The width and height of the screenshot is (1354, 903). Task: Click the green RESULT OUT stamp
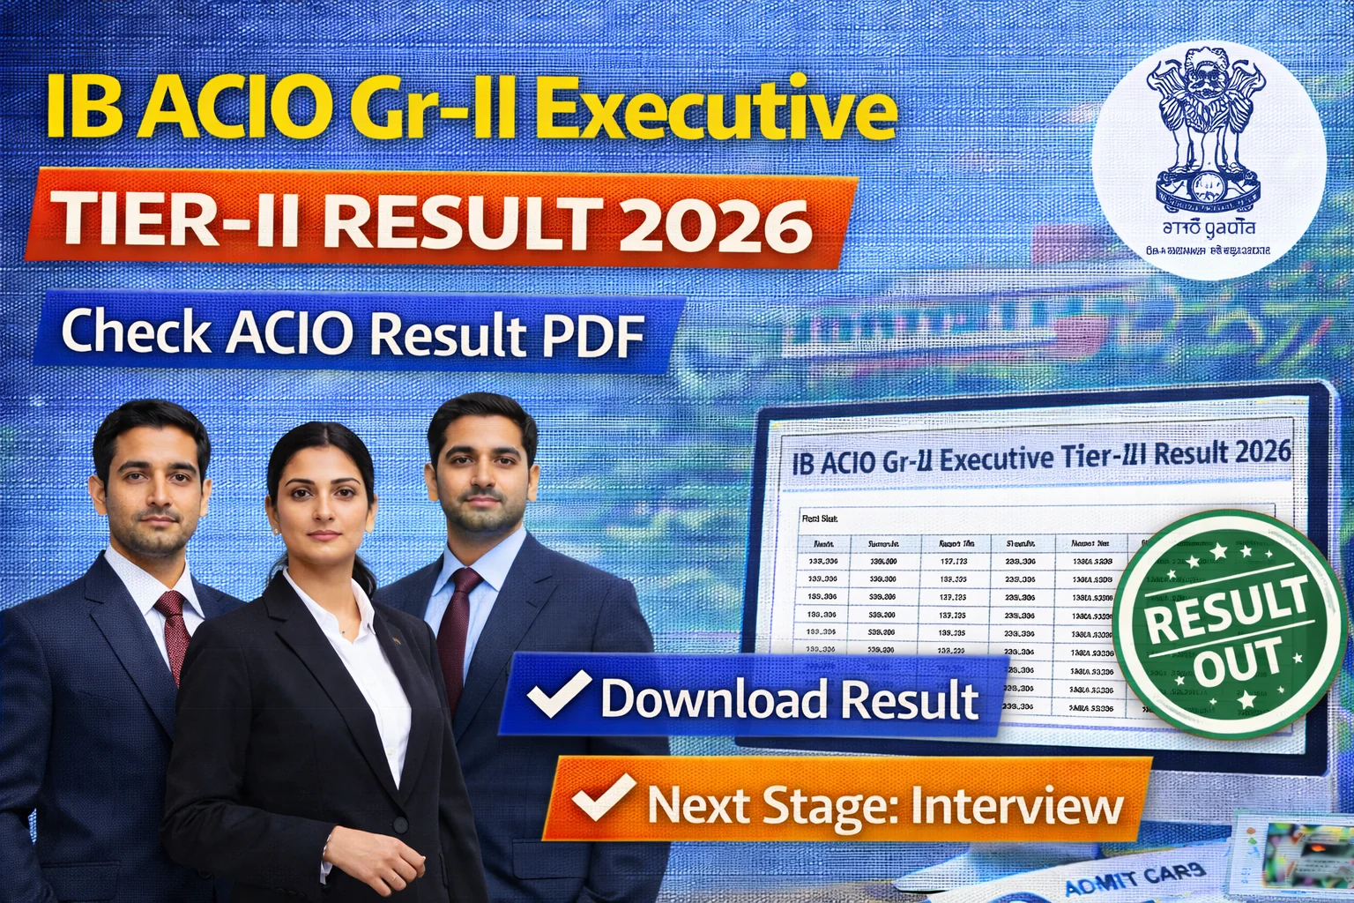[x=1229, y=625]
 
